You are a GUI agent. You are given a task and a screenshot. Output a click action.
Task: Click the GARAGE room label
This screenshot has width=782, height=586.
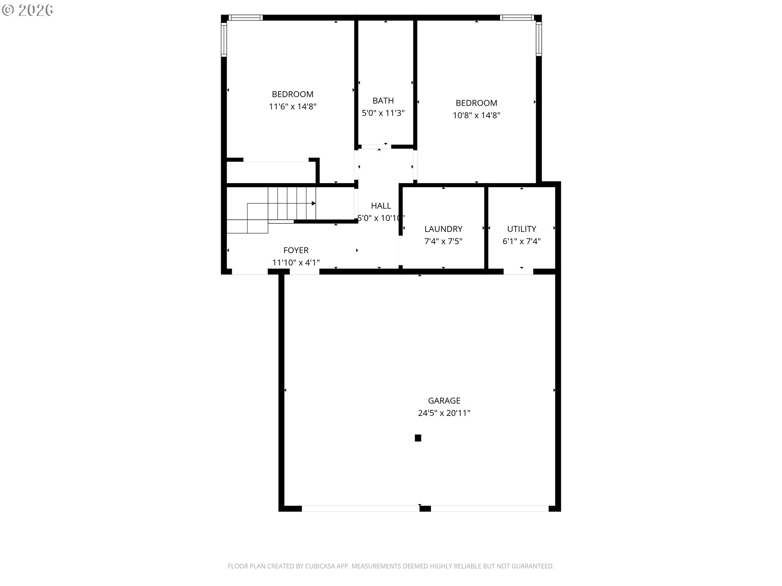(x=444, y=400)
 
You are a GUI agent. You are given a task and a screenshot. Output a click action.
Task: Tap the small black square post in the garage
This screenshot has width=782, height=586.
(x=418, y=438)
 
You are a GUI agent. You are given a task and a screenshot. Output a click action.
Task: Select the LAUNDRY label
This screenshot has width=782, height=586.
(x=443, y=229)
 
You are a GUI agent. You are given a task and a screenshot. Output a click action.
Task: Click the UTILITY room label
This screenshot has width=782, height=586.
(x=521, y=229)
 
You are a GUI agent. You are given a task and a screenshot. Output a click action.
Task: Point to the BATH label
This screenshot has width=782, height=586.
(x=383, y=101)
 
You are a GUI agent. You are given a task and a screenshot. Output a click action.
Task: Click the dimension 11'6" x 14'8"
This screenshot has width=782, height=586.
(x=292, y=107)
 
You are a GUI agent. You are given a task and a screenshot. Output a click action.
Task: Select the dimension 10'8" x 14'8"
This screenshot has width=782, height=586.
(x=476, y=115)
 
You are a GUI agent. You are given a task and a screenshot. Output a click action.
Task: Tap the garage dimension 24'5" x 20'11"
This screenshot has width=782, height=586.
(x=444, y=413)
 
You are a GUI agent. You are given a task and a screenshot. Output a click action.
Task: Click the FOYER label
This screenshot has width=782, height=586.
(x=296, y=250)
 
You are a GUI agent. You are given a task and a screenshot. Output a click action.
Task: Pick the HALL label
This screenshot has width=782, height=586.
(x=381, y=206)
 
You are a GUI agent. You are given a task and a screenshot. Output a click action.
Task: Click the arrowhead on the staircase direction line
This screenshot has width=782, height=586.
(x=314, y=203)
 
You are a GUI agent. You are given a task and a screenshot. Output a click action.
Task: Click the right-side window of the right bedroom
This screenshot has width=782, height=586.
(x=539, y=39)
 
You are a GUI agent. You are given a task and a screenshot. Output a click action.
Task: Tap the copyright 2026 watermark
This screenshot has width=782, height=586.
(x=28, y=10)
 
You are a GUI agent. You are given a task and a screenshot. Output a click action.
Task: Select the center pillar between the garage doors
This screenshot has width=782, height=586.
(x=425, y=509)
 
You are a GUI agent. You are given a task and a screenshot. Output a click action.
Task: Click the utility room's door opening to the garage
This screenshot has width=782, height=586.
(x=518, y=271)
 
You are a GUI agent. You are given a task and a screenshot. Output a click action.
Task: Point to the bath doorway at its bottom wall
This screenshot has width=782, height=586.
(x=376, y=146)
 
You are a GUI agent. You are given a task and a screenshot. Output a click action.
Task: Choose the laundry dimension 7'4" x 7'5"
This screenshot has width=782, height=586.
(x=443, y=241)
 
